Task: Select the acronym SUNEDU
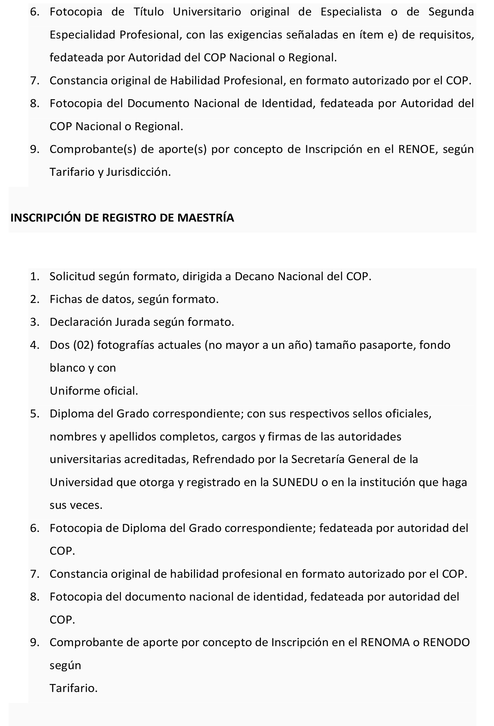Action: click(x=295, y=482)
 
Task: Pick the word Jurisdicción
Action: click(x=138, y=172)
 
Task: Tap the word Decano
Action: click(x=254, y=276)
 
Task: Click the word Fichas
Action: click(x=66, y=299)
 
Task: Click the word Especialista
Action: click(x=351, y=12)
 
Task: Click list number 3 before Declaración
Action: click(x=34, y=322)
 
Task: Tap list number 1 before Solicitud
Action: click(x=34, y=276)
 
